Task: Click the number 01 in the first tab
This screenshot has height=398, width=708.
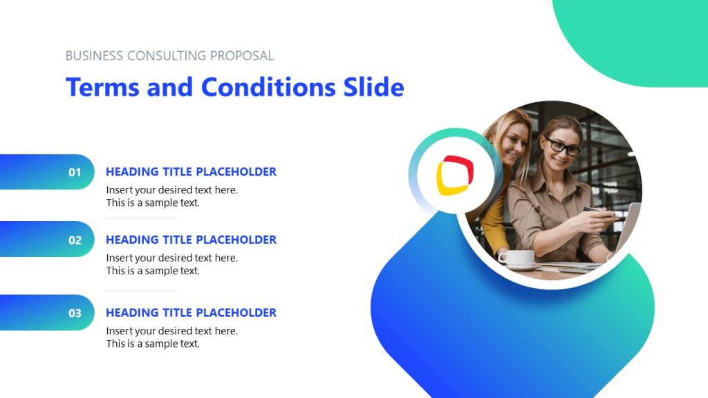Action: pos(75,172)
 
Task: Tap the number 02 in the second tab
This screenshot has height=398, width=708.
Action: pos(75,240)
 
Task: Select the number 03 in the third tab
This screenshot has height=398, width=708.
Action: pos(75,313)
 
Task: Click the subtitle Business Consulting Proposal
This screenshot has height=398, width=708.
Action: pos(169,56)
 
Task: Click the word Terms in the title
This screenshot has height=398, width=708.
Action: pos(102,88)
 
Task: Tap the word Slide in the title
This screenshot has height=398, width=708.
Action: pos(373,88)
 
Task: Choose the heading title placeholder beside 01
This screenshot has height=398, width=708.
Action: pos(191,172)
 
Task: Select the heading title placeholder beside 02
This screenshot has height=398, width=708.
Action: pos(191,240)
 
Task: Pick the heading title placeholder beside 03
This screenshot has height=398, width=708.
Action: pos(191,313)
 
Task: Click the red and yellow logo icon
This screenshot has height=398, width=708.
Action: pos(455,175)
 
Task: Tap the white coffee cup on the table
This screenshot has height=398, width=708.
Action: pos(516,258)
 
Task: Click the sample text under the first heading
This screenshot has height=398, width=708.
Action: pos(171,196)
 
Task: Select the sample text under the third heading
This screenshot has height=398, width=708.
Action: pos(171,337)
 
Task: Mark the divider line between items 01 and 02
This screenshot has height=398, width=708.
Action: pos(141,218)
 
